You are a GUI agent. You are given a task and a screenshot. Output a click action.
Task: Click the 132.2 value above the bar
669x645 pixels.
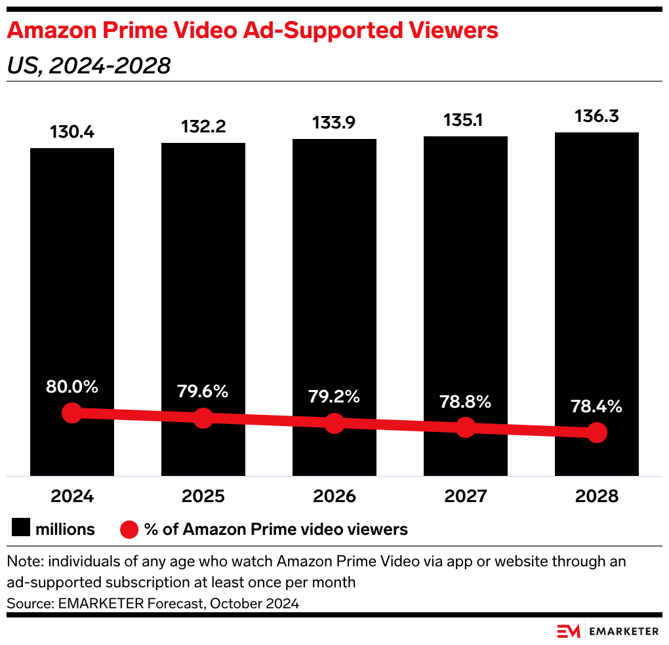pyautogui.click(x=203, y=127)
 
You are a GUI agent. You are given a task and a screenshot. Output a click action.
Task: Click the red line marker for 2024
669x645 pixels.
pyautogui.click(x=72, y=413)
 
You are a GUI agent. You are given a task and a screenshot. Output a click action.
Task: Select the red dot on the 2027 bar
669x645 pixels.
pyautogui.click(x=466, y=427)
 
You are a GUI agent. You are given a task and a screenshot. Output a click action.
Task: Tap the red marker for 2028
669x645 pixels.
pyautogui.click(x=597, y=432)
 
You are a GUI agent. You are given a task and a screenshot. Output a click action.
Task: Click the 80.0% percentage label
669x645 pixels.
pyautogui.click(x=72, y=387)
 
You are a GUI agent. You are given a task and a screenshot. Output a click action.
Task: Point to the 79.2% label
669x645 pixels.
pyautogui.click(x=334, y=397)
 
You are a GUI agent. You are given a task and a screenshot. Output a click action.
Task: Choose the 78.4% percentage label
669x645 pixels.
pyautogui.click(x=597, y=406)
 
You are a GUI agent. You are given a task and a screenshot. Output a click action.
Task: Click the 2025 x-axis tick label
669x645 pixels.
pyautogui.click(x=203, y=496)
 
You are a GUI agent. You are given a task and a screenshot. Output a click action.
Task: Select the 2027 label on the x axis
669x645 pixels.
pyautogui.click(x=466, y=496)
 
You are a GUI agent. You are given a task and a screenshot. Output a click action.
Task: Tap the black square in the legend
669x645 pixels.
pyautogui.click(x=21, y=528)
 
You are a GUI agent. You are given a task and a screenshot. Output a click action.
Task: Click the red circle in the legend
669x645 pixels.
pyautogui.click(x=129, y=529)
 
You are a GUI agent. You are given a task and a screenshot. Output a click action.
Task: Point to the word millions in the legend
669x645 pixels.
pyautogui.click(x=66, y=529)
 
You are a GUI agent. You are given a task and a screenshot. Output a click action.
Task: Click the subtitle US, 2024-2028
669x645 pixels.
pyautogui.click(x=89, y=66)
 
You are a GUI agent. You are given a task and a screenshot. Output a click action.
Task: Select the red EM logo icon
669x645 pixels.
pyautogui.click(x=569, y=631)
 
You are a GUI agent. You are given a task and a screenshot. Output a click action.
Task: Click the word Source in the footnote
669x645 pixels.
pyautogui.click(x=27, y=604)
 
